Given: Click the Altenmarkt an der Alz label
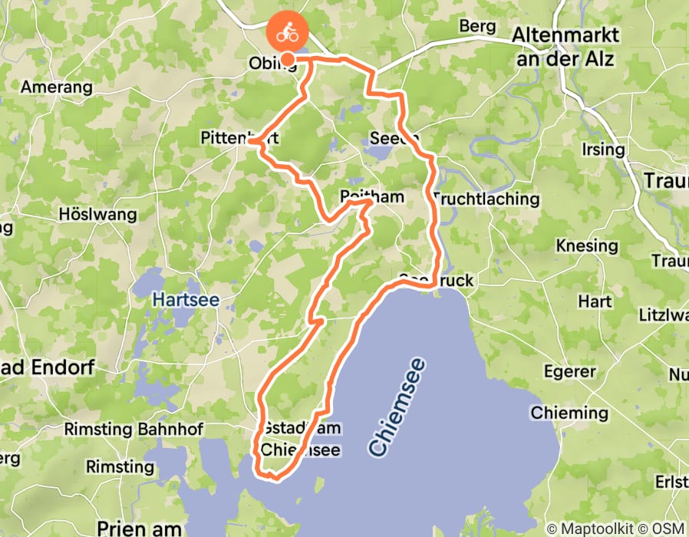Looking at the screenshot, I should point(565,46).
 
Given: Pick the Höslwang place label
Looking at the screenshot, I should point(97,215).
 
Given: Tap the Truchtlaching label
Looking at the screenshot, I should point(486,199).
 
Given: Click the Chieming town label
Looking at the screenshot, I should point(569,413).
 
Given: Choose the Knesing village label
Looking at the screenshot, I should point(587,246).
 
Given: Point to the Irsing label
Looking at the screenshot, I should point(604,149).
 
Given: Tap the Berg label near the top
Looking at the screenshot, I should point(478,26).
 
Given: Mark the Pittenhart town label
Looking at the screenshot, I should point(239,139).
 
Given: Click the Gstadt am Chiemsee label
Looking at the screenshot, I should point(300,439).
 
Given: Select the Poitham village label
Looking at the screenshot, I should point(372,197).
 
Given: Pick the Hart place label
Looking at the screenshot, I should point(595,301).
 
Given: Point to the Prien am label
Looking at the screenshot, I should point(140,528).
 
